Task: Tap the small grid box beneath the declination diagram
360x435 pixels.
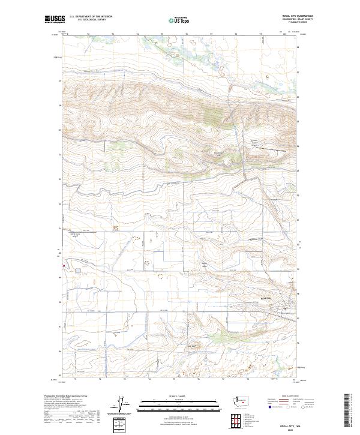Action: coord(120,425)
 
